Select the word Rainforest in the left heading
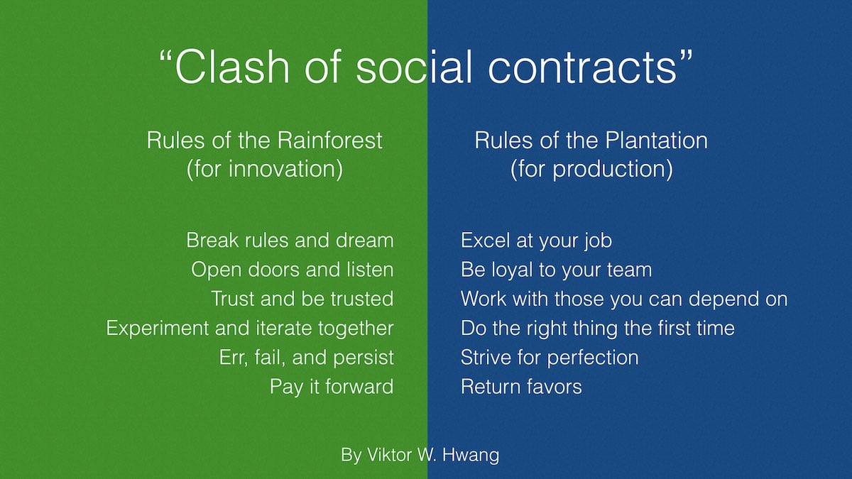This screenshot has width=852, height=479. pos(329,141)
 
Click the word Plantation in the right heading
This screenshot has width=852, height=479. pos(657,141)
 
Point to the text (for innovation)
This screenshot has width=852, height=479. pos(265,169)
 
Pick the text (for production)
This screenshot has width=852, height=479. pos(591,169)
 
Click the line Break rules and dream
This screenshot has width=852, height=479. pos(290,241)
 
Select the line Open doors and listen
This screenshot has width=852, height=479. pos(292,270)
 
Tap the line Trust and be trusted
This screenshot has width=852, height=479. pos(302,299)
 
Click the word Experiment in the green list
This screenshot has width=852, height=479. pos(157,329)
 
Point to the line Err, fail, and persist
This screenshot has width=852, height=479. pos(306,358)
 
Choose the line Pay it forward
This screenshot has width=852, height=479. pos(332,387)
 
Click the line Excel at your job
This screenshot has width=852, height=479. pos(536,241)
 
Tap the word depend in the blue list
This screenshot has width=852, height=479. pos(723,299)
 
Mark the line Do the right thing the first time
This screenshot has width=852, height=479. pos(598,329)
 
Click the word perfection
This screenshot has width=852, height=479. pos(593,358)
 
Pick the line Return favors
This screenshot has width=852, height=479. pos(521,387)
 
